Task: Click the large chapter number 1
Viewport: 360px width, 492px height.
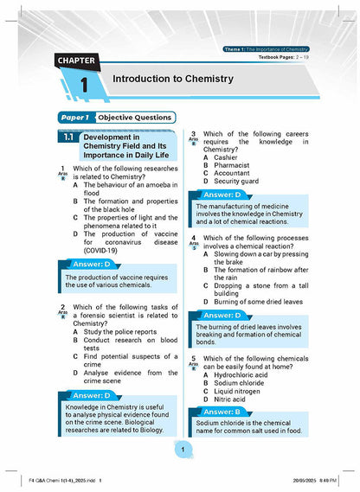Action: (84, 87)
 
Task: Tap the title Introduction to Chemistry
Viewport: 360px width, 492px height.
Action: (173, 80)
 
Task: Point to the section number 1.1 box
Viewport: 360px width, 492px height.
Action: (68, 137)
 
